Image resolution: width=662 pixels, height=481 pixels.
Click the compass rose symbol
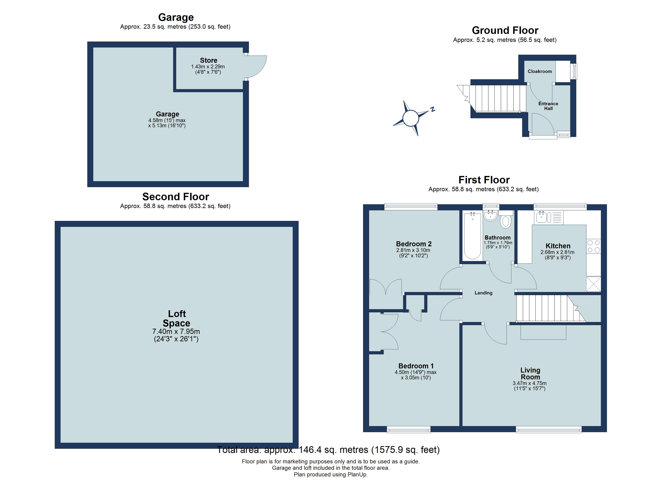(x=411, y=118)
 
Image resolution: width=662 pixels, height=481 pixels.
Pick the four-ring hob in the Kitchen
(x=593, y=246)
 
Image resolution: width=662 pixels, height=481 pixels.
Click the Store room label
(x=208, y=60)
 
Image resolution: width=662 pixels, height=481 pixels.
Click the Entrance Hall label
(x=548, y=106)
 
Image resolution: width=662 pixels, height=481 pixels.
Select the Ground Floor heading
(x=505, y=30)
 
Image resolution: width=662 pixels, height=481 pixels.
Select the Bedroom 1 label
(x=416, y=366)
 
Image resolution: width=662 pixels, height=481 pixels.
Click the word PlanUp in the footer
(x=357, y=475)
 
